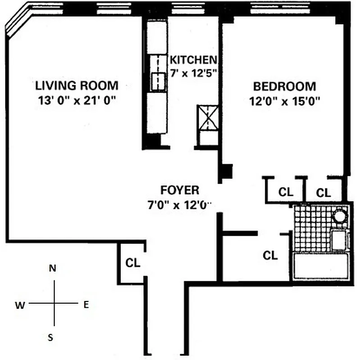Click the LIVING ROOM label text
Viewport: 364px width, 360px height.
[77, 85]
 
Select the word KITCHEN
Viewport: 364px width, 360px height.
[193, 59]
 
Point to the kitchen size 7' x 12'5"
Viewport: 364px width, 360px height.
[194, 72]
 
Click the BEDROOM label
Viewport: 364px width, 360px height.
[284, 86]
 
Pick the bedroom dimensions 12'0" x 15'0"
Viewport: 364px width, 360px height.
[284, 101]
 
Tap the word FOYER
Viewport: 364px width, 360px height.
[179, 189]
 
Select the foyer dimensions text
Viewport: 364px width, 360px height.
[179, 205]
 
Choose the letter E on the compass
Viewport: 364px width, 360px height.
[86, 305]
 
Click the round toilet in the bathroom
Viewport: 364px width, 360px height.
[340, 217]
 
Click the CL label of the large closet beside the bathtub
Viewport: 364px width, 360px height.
[270, 256]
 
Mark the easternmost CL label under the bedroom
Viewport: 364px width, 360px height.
[323, 193]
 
